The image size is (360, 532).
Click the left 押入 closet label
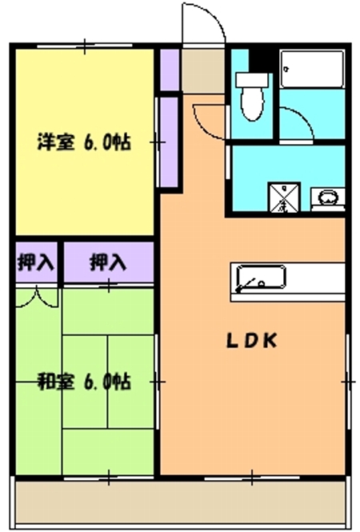coord(34,262)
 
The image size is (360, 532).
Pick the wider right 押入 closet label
coord(107,262)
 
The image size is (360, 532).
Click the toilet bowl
coord(251,102)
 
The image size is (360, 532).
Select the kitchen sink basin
coord(258,278)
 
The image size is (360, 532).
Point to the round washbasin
coord(327,196)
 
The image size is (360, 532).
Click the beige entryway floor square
coord(202,72)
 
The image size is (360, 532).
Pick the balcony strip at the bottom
coord(180,500)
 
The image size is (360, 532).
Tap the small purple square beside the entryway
coord(169,70)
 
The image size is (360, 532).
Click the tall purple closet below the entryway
coord(169,140)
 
